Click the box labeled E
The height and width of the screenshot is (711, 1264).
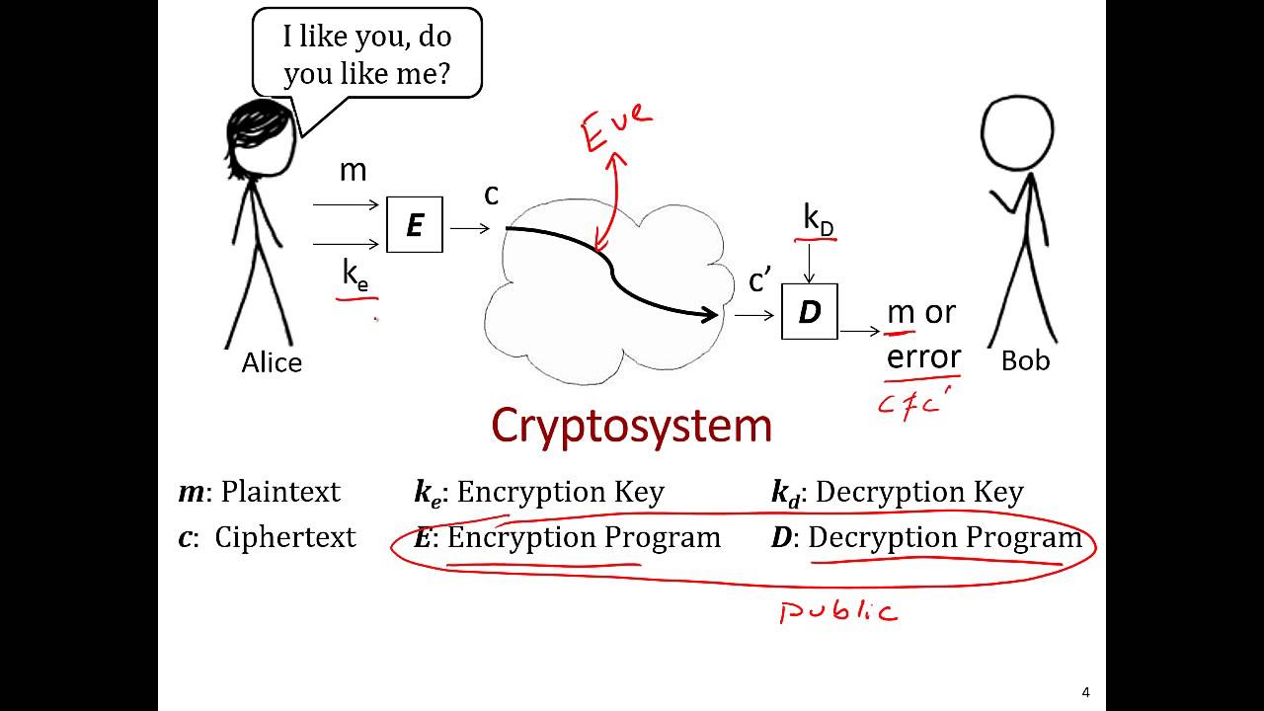coord(414,225)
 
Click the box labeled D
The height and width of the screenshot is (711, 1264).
coord(809,312)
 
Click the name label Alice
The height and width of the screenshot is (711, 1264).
coord(272,362)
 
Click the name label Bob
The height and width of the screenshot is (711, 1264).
coord(1025,361)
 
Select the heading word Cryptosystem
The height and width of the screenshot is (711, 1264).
coord(631,426)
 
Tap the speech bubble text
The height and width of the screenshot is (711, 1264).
coord(366,54)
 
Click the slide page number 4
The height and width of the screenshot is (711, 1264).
coord(1086,692)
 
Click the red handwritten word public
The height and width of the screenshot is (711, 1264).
coord(838,612)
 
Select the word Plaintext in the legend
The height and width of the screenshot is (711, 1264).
coord(279,492)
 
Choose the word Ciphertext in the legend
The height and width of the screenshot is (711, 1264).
coord(284,538)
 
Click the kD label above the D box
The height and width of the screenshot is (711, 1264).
coord(818,220)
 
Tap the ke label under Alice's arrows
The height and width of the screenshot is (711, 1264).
coord(355,275)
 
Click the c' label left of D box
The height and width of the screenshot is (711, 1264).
coord(759,282)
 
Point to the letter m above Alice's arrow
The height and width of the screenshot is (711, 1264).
coord(353,171)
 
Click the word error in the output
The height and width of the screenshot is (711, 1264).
coord(923,355)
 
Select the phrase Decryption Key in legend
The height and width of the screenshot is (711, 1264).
coord(919,492)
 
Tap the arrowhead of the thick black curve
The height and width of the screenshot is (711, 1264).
coord(711,315)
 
